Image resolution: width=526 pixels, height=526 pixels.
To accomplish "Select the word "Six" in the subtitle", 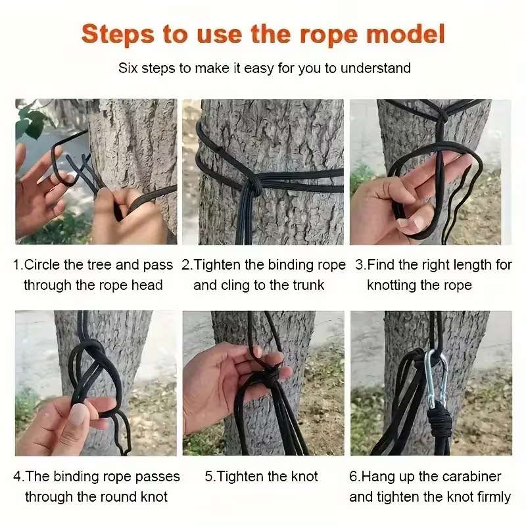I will point(129,68).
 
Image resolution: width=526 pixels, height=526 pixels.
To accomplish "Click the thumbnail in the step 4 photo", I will point(78,414).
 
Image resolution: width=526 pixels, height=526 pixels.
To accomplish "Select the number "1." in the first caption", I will point(18,265).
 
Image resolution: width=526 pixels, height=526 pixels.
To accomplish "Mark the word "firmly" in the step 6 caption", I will point(490,496).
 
